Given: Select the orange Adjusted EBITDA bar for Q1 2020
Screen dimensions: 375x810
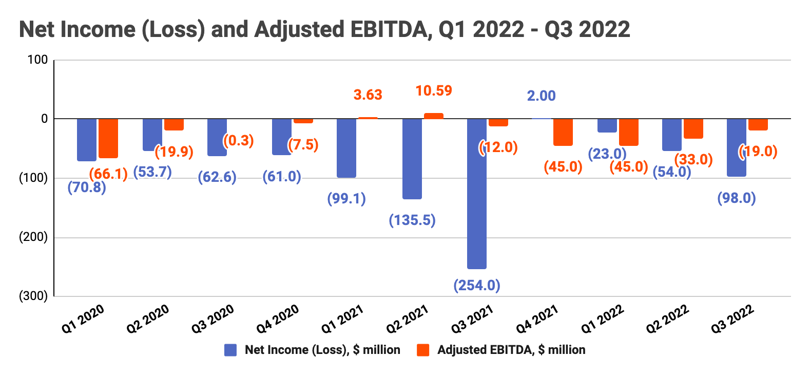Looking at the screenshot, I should point(108,138).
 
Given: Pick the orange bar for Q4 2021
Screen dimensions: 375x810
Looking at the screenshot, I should point(563,132).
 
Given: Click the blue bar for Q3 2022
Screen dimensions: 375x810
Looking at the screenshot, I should point(737,147).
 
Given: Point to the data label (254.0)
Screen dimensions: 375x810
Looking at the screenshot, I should point(477,285).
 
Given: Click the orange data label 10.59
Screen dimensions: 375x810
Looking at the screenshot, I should point(434,91).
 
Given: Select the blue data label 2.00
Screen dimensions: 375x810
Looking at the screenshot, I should point(541,96).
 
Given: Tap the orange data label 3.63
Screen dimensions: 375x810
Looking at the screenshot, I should point(368,95).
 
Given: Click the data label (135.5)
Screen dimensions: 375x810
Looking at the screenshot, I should point(412,220).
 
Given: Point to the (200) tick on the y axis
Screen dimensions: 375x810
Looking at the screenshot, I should point(33,237).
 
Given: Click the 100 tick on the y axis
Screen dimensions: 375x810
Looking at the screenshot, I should point(37,60).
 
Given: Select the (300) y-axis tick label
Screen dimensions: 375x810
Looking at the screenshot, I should point(33,296).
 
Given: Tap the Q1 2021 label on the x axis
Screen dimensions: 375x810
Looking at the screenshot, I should point(342,318).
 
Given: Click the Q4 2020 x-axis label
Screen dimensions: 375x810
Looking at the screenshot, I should point(278,318).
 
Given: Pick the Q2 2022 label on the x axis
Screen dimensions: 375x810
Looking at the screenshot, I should point(667,318).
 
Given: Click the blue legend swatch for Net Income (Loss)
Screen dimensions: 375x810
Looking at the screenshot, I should point(230,350).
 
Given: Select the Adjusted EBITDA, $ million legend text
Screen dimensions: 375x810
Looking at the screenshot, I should point(511,350).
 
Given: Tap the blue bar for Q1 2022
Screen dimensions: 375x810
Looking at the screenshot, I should point(607,125).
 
